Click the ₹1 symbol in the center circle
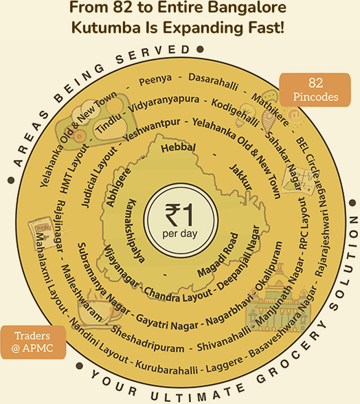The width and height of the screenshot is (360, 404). click(179, 215)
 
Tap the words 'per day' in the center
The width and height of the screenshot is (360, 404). click(180, 234)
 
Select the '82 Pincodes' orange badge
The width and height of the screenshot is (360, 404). click(315, 89)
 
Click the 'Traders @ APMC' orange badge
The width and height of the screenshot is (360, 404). click(33, 342)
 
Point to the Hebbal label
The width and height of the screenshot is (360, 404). click(178, 148)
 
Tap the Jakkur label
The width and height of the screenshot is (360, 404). click(240, 177)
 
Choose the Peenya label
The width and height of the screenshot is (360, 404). click(155, 80)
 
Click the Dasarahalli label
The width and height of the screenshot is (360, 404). click(213, 82)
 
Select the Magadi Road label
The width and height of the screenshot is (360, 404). click(218, 254)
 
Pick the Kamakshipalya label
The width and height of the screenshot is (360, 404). click(135, 231)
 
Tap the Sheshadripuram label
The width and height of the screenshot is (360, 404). click(147, 339)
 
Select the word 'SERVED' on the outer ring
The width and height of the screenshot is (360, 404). click(153, 54)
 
